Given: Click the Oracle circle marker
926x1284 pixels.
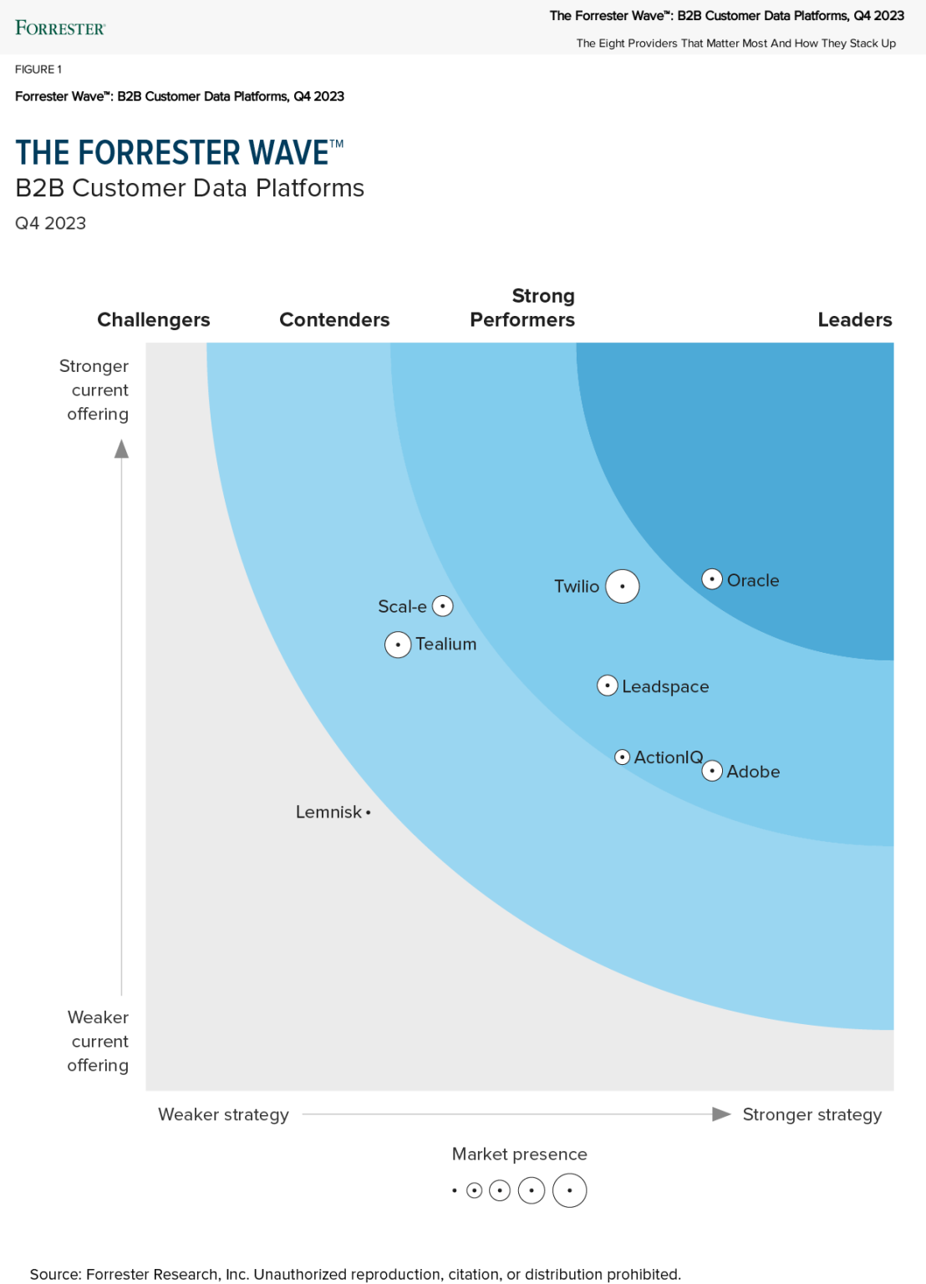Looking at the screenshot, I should coord(712,578).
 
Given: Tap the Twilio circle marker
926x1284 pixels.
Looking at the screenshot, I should coord(623,586).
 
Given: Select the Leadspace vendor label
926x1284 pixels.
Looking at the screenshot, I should coord(665,686).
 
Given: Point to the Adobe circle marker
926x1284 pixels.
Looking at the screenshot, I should coord(712,771).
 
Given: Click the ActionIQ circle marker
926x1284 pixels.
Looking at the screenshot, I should coord(623,757).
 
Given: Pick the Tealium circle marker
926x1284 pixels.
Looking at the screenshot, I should coord(398,645).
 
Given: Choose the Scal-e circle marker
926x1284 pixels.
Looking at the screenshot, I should coord(443,606).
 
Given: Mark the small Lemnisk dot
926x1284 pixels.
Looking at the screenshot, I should coord(368,813).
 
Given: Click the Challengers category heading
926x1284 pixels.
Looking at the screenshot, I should coord(154,319).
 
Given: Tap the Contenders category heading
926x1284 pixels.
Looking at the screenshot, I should coord(334,319).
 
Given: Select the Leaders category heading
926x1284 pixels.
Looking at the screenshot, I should coord(855,319).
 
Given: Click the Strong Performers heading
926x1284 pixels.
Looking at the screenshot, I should coord(522,308).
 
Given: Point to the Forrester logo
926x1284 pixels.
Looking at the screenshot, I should coord(60,28).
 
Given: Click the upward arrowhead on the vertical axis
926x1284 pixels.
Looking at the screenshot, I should coord(122,450).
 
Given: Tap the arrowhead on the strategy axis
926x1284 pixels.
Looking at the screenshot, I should coord(721,1114).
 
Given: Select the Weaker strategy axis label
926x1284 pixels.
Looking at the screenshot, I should coord(223,1114).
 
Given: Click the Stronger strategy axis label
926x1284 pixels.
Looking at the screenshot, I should coord(812,1114).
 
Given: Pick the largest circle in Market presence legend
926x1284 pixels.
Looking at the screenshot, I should coord(570,1190).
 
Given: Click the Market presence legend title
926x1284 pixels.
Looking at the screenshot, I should coord(519,1154).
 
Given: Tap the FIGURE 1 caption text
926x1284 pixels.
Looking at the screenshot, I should coord(38,69).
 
